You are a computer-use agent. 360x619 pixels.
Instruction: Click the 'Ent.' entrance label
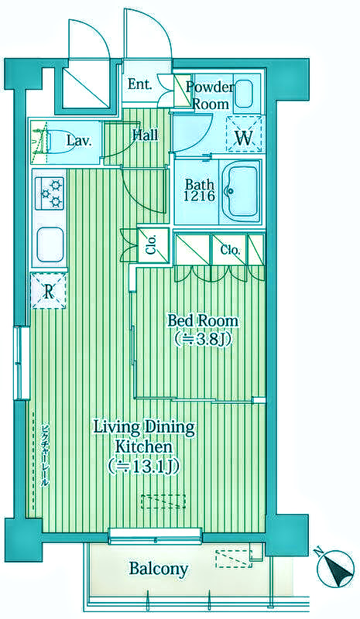(140, 85)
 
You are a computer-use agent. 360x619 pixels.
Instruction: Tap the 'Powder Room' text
(210, 95)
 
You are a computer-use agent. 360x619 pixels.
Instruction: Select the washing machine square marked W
(244, 134)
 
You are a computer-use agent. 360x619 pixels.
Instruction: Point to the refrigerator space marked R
(48, 291)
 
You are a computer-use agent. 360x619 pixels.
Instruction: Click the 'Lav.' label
(79, 141)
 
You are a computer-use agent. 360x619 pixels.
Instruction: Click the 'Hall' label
(146, 135)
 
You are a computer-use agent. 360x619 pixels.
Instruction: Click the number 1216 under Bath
(200, 197)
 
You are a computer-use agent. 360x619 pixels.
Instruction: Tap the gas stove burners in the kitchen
(50, 193)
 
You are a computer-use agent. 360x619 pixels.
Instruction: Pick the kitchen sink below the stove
(50, 245)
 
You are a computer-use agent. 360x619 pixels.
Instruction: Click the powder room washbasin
(244, 94)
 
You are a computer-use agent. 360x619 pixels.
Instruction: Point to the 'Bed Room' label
(203, 320)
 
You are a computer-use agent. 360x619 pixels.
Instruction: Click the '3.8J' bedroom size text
(203, 340)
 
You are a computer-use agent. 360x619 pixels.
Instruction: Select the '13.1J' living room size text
(144, 467)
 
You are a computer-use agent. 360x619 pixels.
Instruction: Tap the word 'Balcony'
(159, 569)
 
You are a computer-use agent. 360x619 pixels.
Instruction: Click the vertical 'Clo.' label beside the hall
(153, 245)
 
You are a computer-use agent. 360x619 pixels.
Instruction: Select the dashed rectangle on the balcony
(234, 559)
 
